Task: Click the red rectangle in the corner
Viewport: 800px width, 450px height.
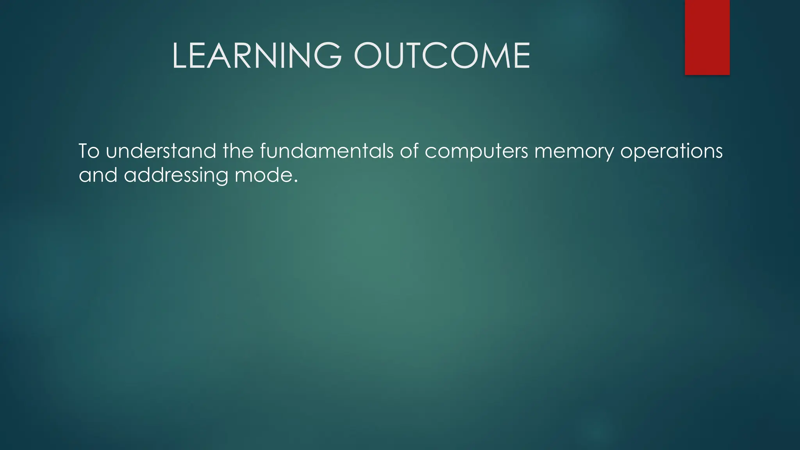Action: pos(707,37)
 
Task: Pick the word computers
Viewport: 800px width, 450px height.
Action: pos(476,152)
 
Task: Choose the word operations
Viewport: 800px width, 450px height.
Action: pos(671,152)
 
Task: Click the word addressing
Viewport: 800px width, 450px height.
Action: pos(176,175)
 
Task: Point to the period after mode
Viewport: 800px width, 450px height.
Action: pos(296,181)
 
